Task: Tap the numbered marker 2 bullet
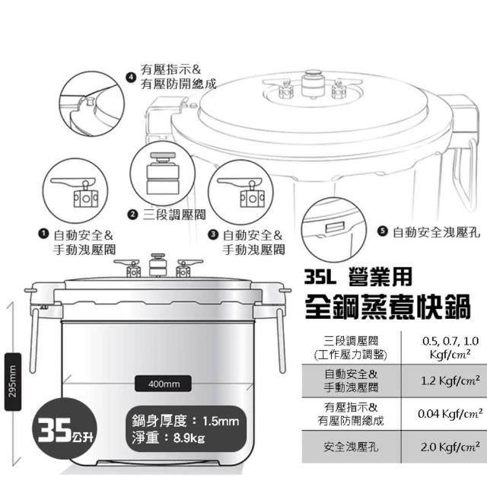(x=132, y=215)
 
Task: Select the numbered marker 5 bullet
(x=383, y=231)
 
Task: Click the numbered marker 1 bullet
(x=43, y=234)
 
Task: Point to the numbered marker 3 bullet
(x=213, y=234)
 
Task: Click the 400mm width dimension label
(x=164, y=384)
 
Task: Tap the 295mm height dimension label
(x=13, y=381)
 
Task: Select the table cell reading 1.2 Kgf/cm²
(x=444, y=380)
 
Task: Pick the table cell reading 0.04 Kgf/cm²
(x=444, y=414)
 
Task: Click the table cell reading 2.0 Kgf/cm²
(x=444, y=447)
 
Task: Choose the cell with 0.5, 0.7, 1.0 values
(x=444, y=348)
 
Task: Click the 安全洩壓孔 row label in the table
(x=351, y=447)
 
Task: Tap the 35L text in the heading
(x=320, y=277)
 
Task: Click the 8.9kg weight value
(x=189, y=438)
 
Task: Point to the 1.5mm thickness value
(x=221, y=422)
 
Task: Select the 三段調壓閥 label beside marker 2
(x=174, y=215)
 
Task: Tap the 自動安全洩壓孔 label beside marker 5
(x=436, y=232)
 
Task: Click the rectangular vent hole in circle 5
(x=335, y=228)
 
